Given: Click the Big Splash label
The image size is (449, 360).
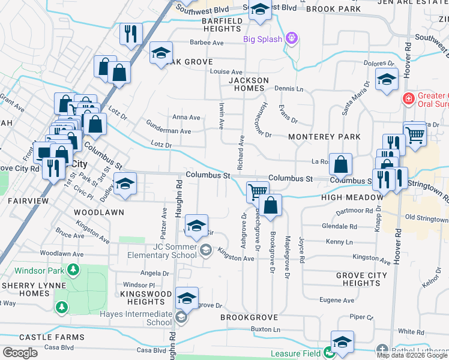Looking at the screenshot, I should click(x=262, y=39).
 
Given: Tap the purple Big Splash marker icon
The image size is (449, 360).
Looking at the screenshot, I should click(x=292, y=39).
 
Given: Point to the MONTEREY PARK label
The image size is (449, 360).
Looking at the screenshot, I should click(x=325, y=137).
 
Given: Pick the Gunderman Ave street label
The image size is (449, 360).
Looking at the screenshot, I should click(x=169, y=130).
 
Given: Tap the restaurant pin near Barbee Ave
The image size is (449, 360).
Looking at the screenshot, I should click(x=130, y=34).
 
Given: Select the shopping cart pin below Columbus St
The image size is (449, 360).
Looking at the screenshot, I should click(x=258, y=191).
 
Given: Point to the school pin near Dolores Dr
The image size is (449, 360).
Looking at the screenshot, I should click(x=387, y=79).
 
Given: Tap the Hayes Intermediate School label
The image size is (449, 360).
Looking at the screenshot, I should click(x=142, y=317).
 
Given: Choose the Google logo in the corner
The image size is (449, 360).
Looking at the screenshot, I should click(x=20, y=353).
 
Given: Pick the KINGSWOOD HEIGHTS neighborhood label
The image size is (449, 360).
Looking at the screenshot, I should click(x=146, y=298).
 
